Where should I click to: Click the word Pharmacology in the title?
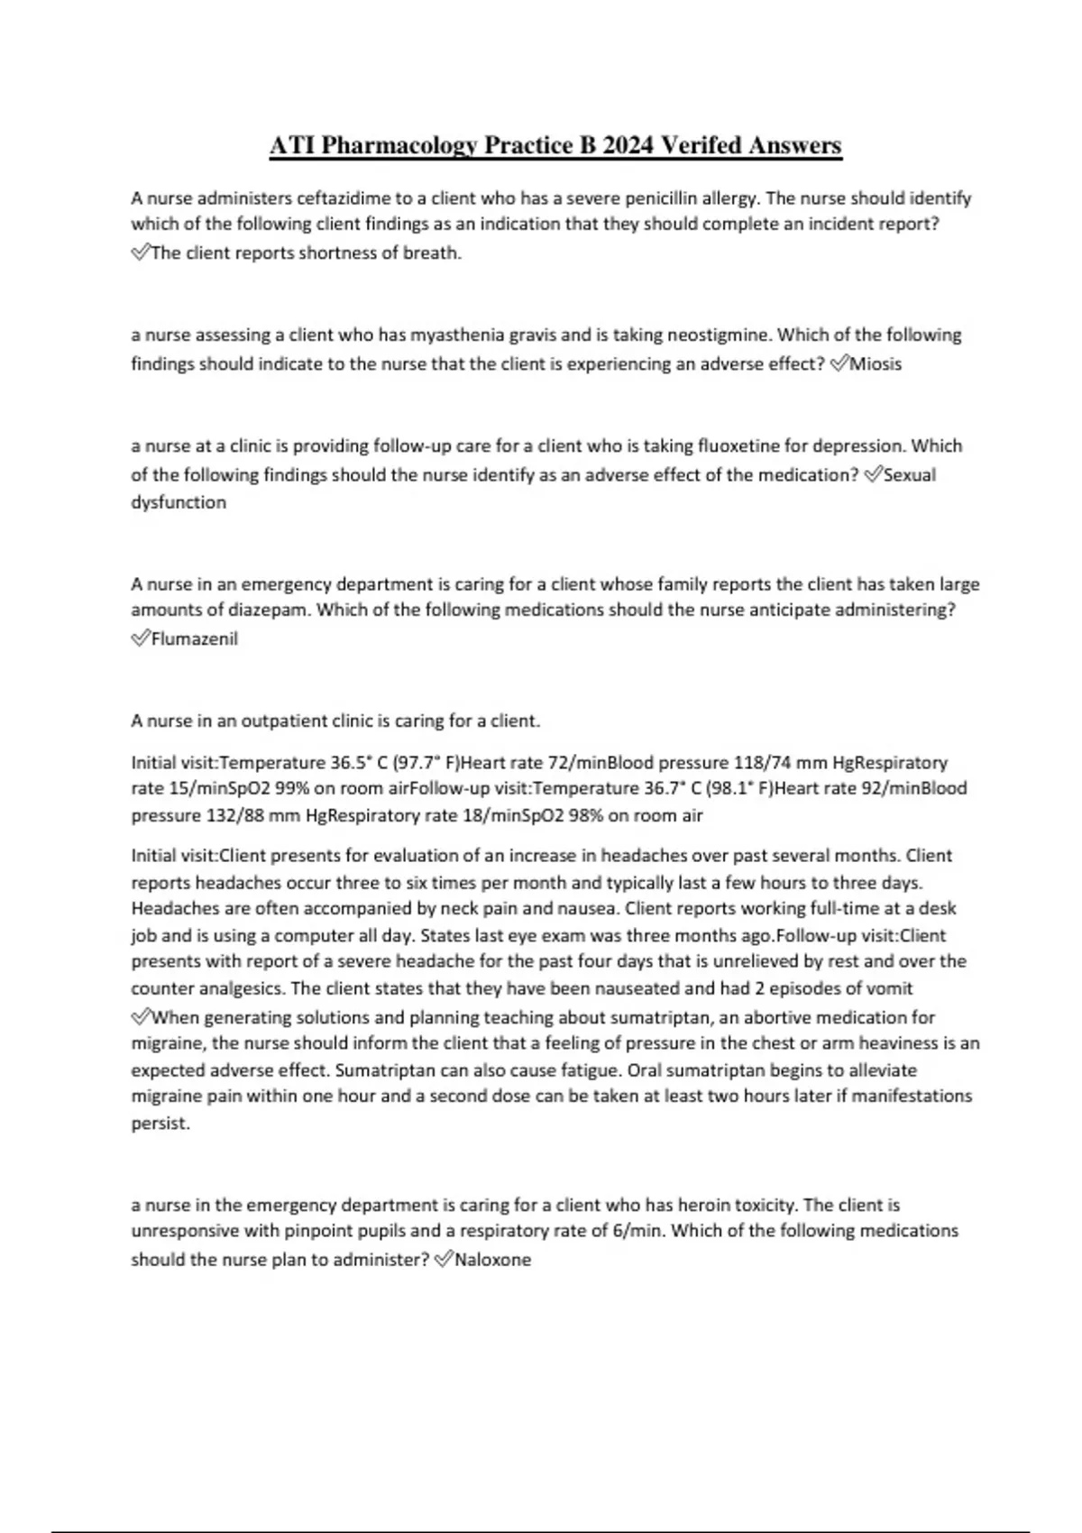tap(399, 145)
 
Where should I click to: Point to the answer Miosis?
tap(876, 364)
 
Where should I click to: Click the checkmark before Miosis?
tap(839, 364)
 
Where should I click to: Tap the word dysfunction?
tap(179, 502)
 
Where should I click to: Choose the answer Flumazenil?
tap(195, 639)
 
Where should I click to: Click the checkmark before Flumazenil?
tap(141, 639)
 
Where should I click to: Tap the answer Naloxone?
tap(492, 1260)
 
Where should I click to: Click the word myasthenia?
tap(457, 335)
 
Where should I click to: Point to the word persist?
tap(160, 1124)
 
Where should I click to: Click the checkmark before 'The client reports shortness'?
tap(141, 253)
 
